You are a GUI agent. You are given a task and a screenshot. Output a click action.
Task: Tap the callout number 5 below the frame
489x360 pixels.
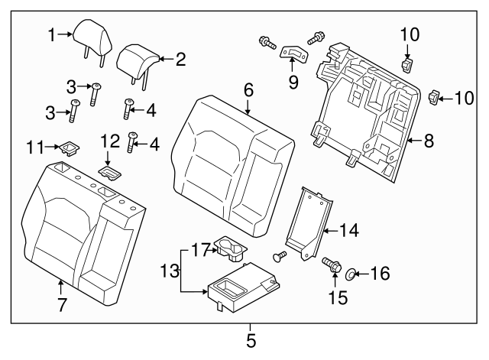click(x=251, y=337)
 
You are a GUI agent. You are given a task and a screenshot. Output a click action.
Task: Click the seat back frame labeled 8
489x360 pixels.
click(x=359, y=115)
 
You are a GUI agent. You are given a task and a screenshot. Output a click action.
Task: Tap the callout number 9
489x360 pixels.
click(x=293, y=80)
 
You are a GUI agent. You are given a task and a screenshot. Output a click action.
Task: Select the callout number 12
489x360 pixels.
click(x=109, y=141)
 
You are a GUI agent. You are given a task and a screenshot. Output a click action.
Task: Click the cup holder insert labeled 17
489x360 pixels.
click(x=229, y=245)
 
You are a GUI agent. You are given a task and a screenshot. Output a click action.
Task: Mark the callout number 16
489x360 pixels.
click(x=380, y=272)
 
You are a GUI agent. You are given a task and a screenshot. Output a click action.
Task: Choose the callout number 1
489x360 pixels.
click(x=51, y=34)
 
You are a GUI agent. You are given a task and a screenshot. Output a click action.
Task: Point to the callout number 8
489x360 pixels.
click(x=429, y=140)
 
